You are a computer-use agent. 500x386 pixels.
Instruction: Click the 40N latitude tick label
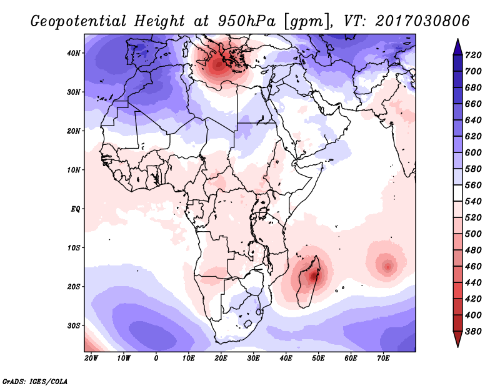pos(74,53)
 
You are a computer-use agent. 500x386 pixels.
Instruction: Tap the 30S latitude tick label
pos(74,326)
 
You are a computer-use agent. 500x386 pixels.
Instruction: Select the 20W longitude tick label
pos(91,359)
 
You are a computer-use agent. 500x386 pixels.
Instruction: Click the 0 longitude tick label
pos(156,359)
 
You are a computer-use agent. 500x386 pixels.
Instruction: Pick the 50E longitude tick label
pos(318,359)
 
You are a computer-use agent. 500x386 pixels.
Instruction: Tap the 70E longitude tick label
pos(383,359)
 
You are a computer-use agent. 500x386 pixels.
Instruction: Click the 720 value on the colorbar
pos(473,55)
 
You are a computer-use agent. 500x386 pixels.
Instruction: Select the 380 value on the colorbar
pos(473,332)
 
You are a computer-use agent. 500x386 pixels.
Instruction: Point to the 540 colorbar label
pos(473,202)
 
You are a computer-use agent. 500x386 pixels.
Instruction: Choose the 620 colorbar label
pos(473,136)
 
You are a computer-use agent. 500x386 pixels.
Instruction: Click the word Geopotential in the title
pos(79,21)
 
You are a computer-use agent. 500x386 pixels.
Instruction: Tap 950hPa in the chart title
pos(246,21)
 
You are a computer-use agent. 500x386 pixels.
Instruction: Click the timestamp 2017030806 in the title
pos(422,21)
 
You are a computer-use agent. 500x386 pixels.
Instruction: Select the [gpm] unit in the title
pos(307,22)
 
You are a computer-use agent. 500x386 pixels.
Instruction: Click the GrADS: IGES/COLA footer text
pos(35,382)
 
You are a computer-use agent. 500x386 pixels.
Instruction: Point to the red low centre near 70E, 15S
pos(387,266)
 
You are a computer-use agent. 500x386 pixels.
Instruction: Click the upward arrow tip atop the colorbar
pos(457,39)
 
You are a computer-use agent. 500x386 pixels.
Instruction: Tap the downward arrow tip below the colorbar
pos(457,347)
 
